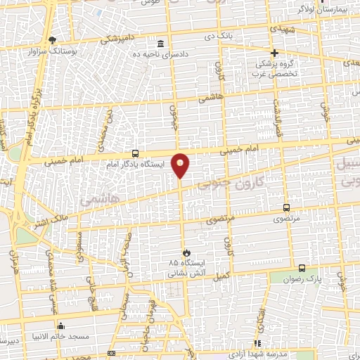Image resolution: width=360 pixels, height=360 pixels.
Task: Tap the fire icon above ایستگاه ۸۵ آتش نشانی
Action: [x=186, y=252]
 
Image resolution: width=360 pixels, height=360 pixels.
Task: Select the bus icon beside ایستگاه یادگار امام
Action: [x=135, y=153]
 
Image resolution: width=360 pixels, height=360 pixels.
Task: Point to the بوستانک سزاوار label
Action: [x=52, y=51]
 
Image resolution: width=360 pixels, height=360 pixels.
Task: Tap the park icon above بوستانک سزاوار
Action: [x=51, y=39]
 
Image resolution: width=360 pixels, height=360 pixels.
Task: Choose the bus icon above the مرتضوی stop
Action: [x=285, y=207]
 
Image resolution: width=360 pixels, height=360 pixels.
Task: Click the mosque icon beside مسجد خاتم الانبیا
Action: [x=61, y=326]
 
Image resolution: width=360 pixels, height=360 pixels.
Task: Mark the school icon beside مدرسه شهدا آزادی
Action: [x=257, y=343]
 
